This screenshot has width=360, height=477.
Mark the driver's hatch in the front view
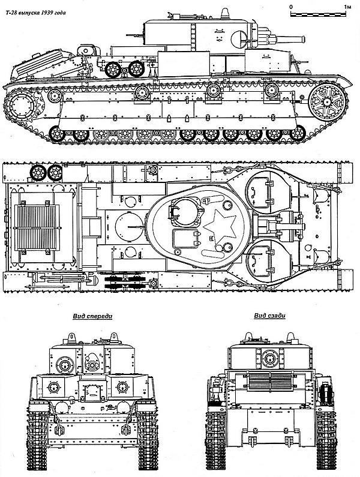coord(92,390)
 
